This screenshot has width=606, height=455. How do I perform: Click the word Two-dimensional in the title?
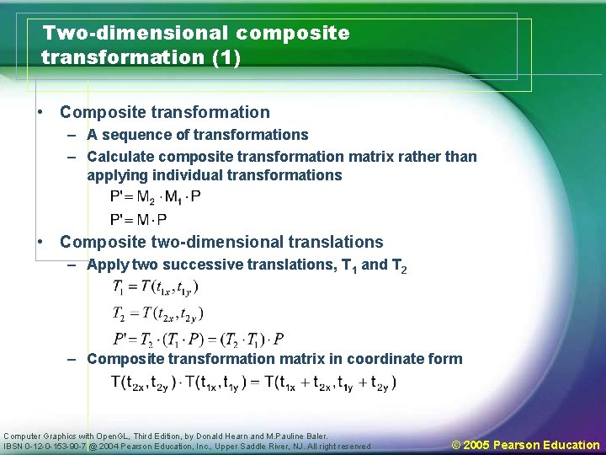click(136, 34)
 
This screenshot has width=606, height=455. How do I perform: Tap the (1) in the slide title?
click(226, 58)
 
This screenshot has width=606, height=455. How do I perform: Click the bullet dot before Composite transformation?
click(40, 112)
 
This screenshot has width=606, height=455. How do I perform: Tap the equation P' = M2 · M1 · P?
click(156, 197)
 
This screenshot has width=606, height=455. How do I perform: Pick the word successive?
click(205, 265)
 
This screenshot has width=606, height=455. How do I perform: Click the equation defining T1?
click(156, 287)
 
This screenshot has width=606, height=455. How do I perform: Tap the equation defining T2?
click(158, 313)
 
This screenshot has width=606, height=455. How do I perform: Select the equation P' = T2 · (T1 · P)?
click(199, 339)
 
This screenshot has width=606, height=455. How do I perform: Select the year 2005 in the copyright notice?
click(476, 444)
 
